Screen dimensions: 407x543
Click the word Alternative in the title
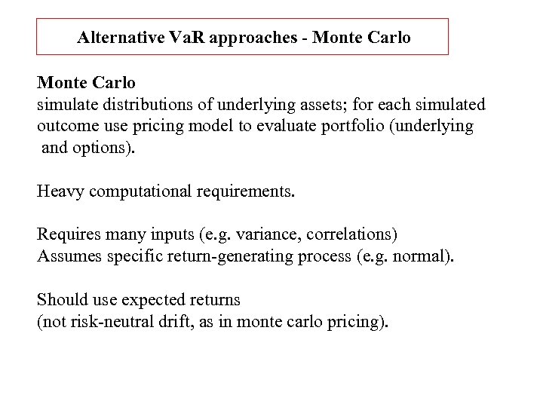121,37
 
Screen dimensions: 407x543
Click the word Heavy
60,191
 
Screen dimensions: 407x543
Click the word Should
61,300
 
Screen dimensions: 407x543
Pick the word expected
153,300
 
